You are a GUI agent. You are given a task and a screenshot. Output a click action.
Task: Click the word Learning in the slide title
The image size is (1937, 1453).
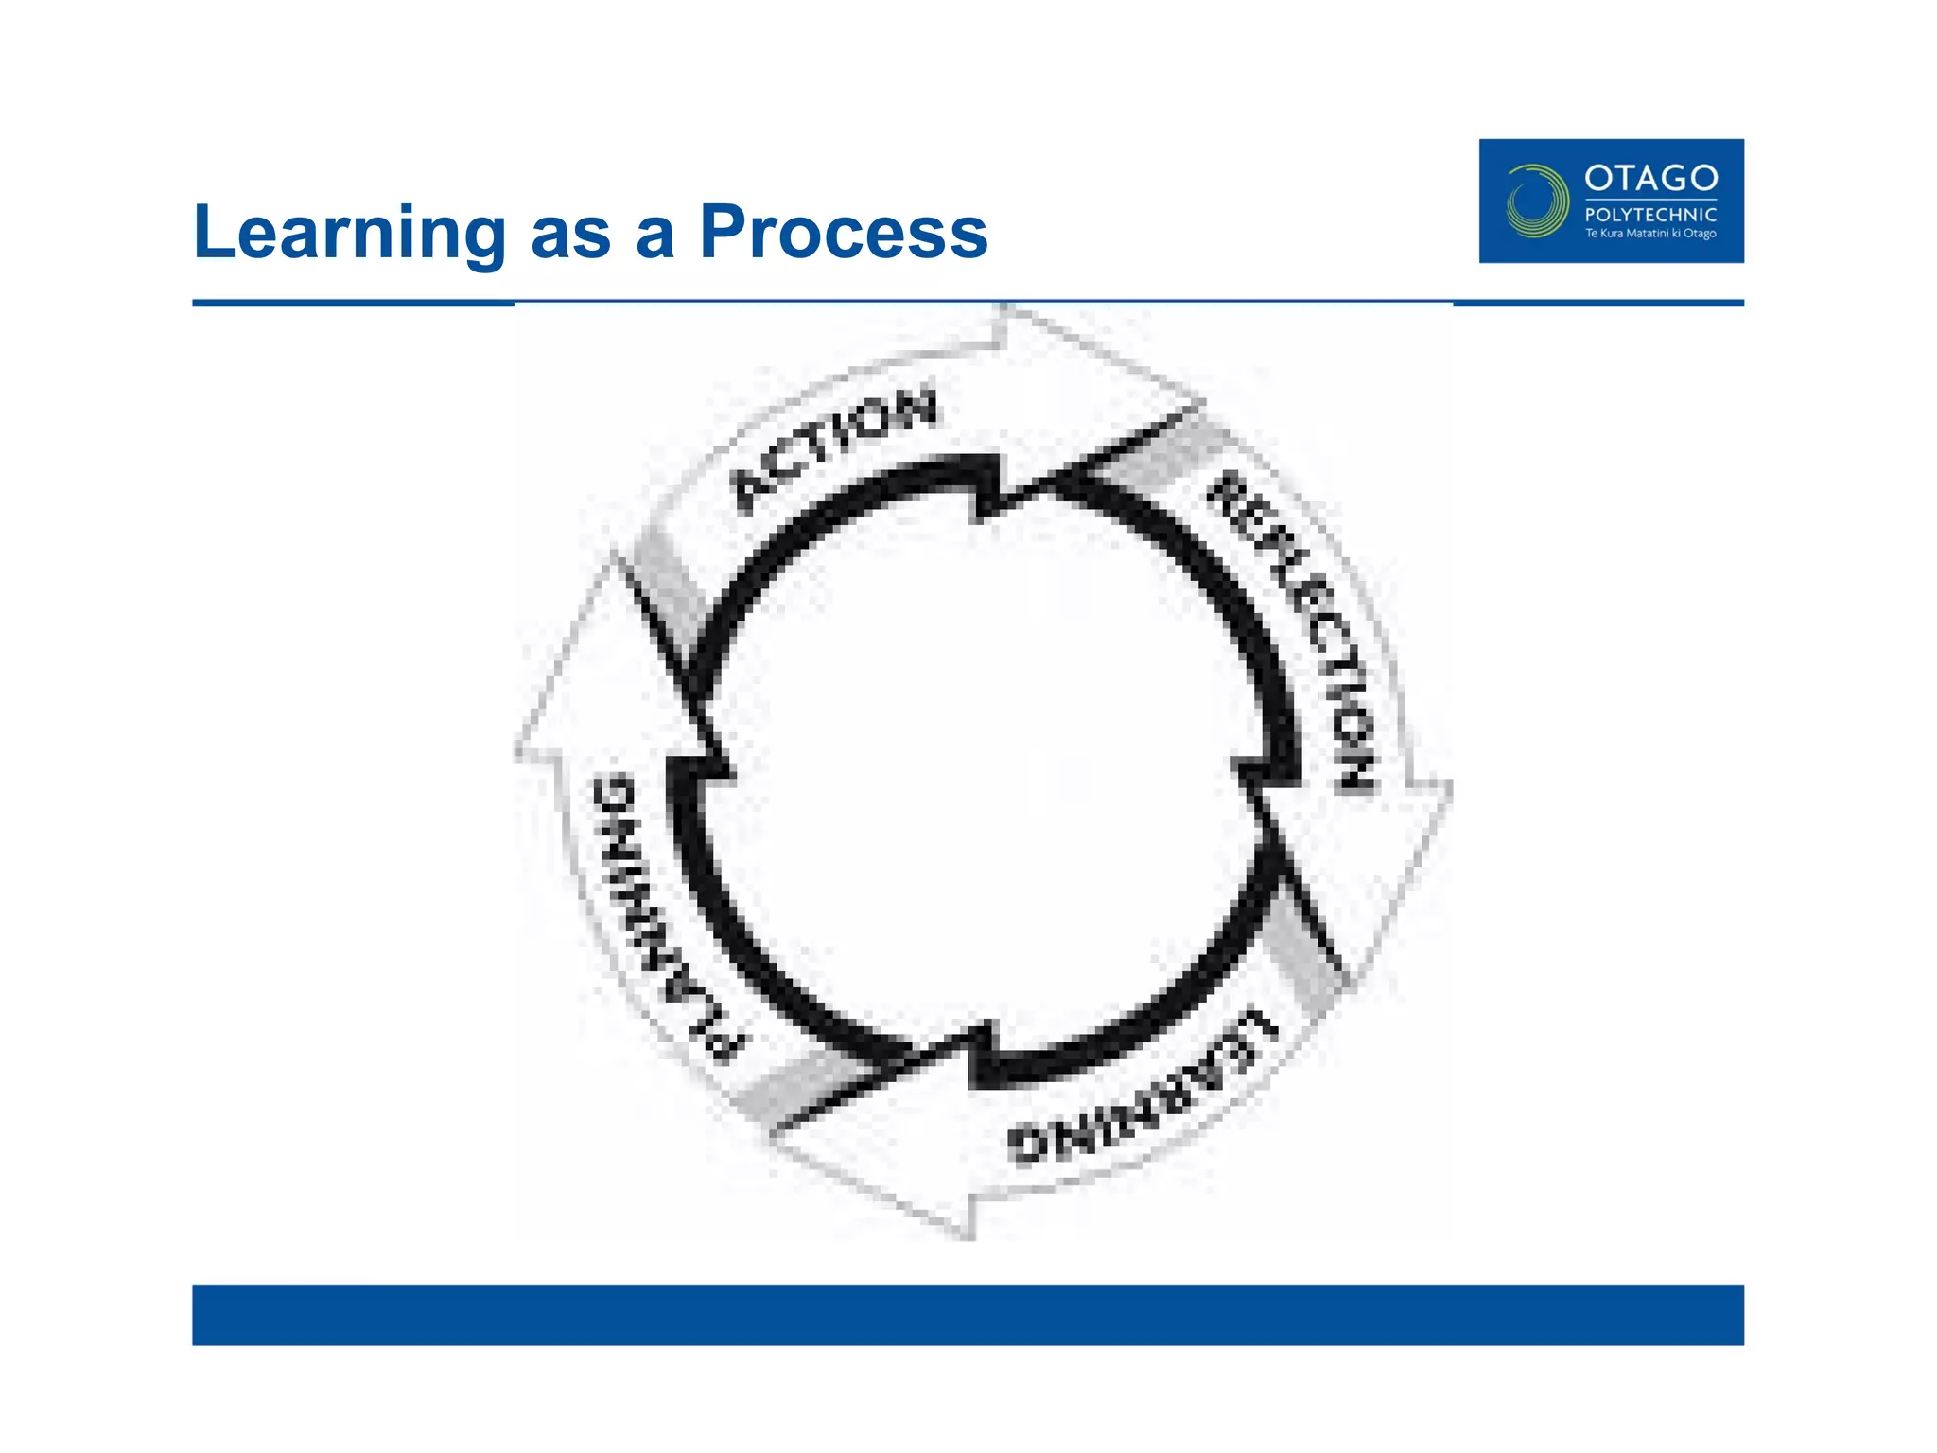[x=349, y=232]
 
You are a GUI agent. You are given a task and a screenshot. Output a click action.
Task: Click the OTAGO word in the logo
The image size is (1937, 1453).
[x=1650, y=178]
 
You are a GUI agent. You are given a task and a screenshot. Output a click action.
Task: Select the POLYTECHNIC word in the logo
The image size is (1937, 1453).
[x=1650, y=215]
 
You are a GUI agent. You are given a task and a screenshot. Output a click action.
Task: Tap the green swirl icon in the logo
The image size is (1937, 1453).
[x=1536, y=201]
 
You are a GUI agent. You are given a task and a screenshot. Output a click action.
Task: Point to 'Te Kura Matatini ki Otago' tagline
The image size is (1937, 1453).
[x=1650, y=234]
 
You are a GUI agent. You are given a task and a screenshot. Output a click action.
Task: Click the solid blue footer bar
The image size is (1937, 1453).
[x=968, y=1314]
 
